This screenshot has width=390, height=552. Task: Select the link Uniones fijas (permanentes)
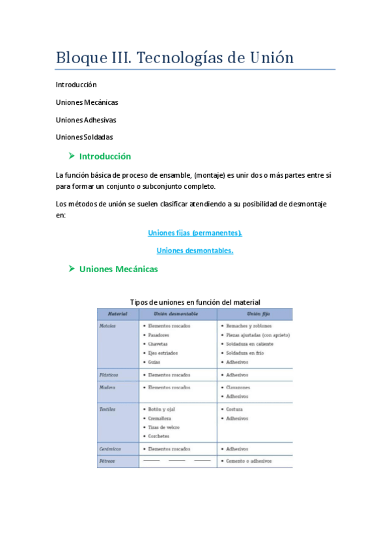(195, 232)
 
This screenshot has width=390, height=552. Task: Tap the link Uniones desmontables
(195, 251)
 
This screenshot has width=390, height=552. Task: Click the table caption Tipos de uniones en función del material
(195, 302)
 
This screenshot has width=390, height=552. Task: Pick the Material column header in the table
(118, 314)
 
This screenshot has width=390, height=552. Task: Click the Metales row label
(108, 325)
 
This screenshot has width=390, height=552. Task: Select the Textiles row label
(108, 409)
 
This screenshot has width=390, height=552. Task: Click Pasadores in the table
(159, 335)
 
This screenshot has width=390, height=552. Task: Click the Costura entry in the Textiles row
(236, 409)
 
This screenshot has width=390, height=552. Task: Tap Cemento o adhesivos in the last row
(249, 461)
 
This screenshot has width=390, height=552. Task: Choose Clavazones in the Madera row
(238, 387)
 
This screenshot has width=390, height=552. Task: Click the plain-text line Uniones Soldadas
(85, 137)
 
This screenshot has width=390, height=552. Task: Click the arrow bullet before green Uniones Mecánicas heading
(72, 269)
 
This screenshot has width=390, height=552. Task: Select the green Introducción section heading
(105, 156)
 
